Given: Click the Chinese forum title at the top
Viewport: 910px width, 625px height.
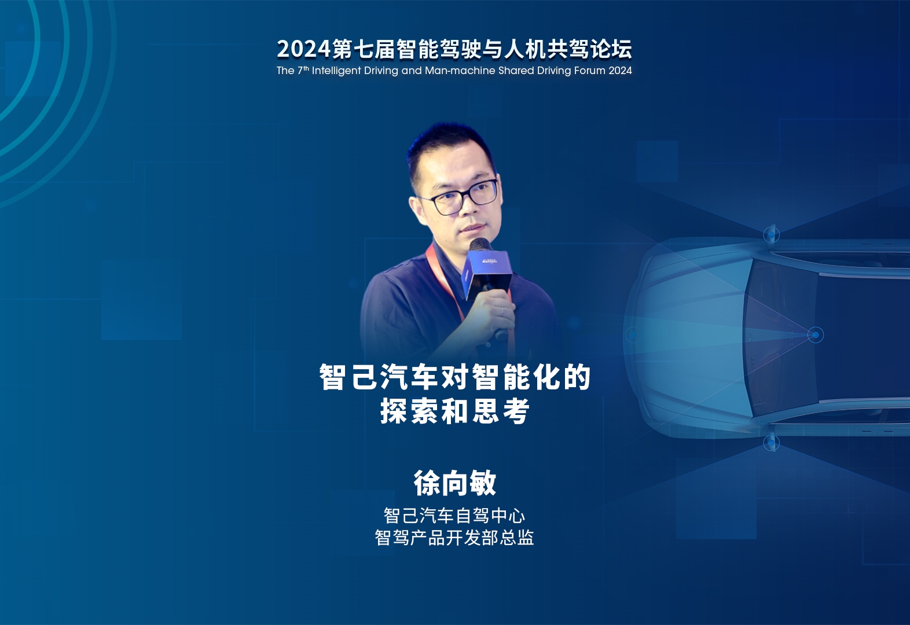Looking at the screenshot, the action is [x=454, y=49].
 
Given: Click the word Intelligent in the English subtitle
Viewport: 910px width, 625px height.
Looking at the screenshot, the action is [x=336, y=71].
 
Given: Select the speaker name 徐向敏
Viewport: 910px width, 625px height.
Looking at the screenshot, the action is [x=455, y=483].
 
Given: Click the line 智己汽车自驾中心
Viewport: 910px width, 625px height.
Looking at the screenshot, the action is [x=454, y=516].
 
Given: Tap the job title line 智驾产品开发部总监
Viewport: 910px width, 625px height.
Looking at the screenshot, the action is [x=454, y=538].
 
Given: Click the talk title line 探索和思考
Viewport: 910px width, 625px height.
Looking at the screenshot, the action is [x=455, y=411].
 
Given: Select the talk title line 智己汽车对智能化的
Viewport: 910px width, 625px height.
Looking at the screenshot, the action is [x=455, y=377].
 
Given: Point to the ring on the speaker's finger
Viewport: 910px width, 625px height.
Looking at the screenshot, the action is [x=502, y=311].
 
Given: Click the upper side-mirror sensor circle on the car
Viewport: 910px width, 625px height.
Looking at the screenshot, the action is [x=772, y=234].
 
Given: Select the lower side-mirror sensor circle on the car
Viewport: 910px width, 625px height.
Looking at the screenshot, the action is [x=772, y=442].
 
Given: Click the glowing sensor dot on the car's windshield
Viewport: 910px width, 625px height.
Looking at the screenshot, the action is [x=815, y=335].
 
